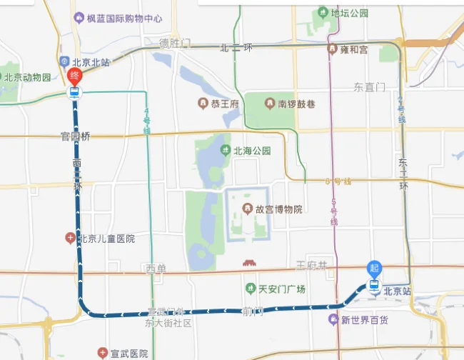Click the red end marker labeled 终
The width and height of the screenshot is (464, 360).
[x=74, y=76]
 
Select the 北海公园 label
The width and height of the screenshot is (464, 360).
[x=251, y=151]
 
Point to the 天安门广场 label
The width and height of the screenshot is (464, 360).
[x=281, y=289]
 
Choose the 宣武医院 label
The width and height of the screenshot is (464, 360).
[x=128, y=354]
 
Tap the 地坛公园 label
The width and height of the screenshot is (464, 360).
[x=349, y=13]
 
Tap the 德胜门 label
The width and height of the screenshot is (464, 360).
[x=176, y=44]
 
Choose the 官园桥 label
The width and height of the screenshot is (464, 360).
[x=76, y=136]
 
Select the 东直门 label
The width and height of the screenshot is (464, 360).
[x=369, y=87]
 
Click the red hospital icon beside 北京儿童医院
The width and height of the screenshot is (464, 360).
[x=70, y=238]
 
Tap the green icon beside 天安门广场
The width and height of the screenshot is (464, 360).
[x=250, y=289]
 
